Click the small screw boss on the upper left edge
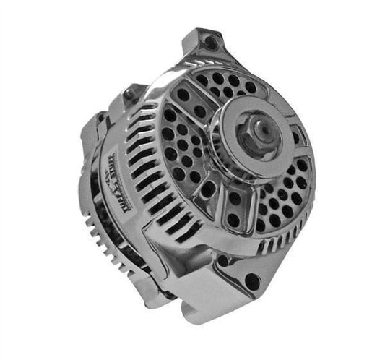131,92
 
